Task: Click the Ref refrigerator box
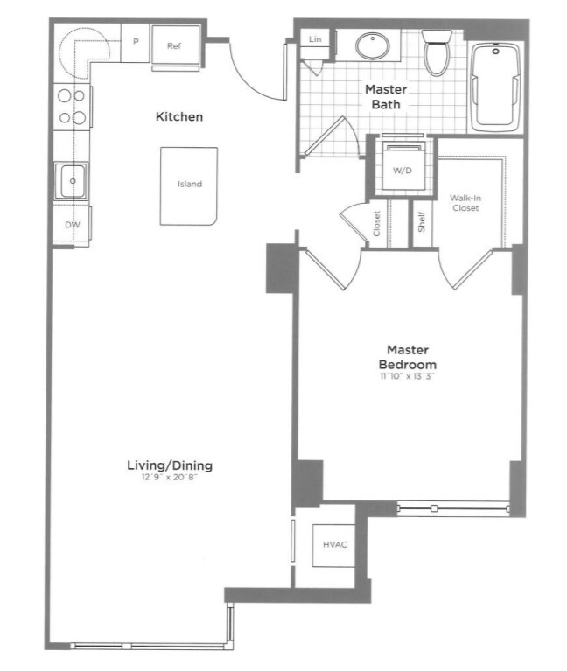pos(175,45)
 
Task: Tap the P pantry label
pos(136,41)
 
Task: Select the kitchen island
pos(189,185)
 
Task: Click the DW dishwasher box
pos(72,225)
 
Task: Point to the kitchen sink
pos(72,181)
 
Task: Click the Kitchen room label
pos(179,117)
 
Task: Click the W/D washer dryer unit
pos(401,170)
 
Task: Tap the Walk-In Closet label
pos(465,203)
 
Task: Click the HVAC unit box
pos(335,545)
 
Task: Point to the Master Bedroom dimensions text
pos(408,377)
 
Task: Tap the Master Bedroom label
pos(408,357)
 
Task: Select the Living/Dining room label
pos(170,465)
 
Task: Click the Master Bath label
pos(383,97)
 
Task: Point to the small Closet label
pos(377,225)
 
